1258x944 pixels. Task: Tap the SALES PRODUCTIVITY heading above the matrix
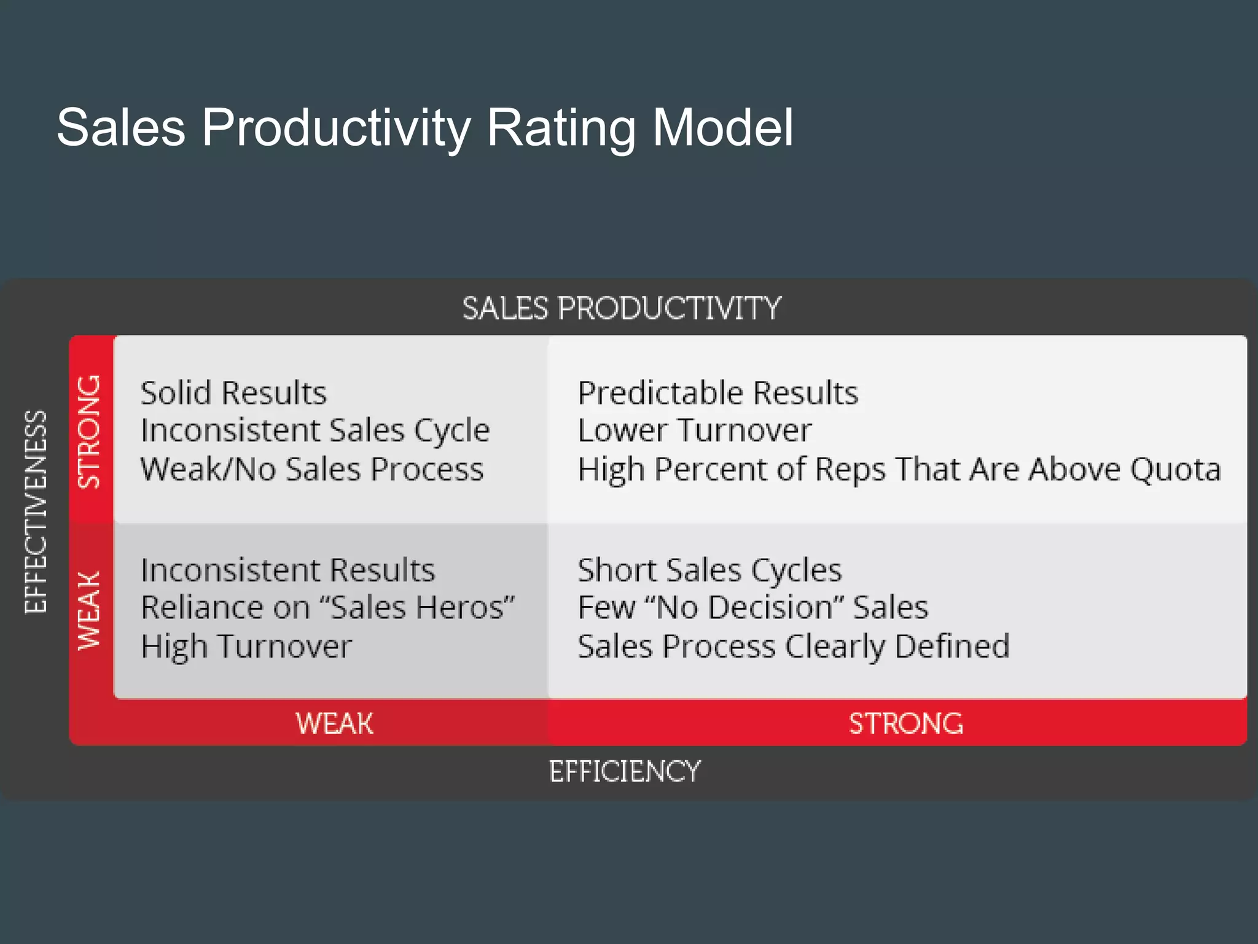tap(621, 309)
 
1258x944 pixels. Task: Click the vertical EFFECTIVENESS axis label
tap(36, 511)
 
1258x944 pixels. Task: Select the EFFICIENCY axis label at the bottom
tap(624, 772)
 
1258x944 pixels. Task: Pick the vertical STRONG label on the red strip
tap(90, 431)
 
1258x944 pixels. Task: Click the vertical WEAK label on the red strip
tap(90, 610)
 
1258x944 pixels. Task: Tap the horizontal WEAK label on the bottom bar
tap(334, 723)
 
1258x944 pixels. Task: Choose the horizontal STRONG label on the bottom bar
tap(905, 723)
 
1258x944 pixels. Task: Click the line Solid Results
tap(233, 393)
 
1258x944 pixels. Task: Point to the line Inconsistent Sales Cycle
tap(314, 431)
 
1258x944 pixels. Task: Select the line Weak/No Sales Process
tap(311, 469)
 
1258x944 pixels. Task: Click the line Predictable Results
tap(717, 393)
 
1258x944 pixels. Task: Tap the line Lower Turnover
tap(694, 431)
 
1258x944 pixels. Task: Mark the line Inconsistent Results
tap(287, 570)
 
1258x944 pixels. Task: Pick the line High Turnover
tap(246, 647)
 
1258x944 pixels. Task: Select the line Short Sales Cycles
tap(709, 570)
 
